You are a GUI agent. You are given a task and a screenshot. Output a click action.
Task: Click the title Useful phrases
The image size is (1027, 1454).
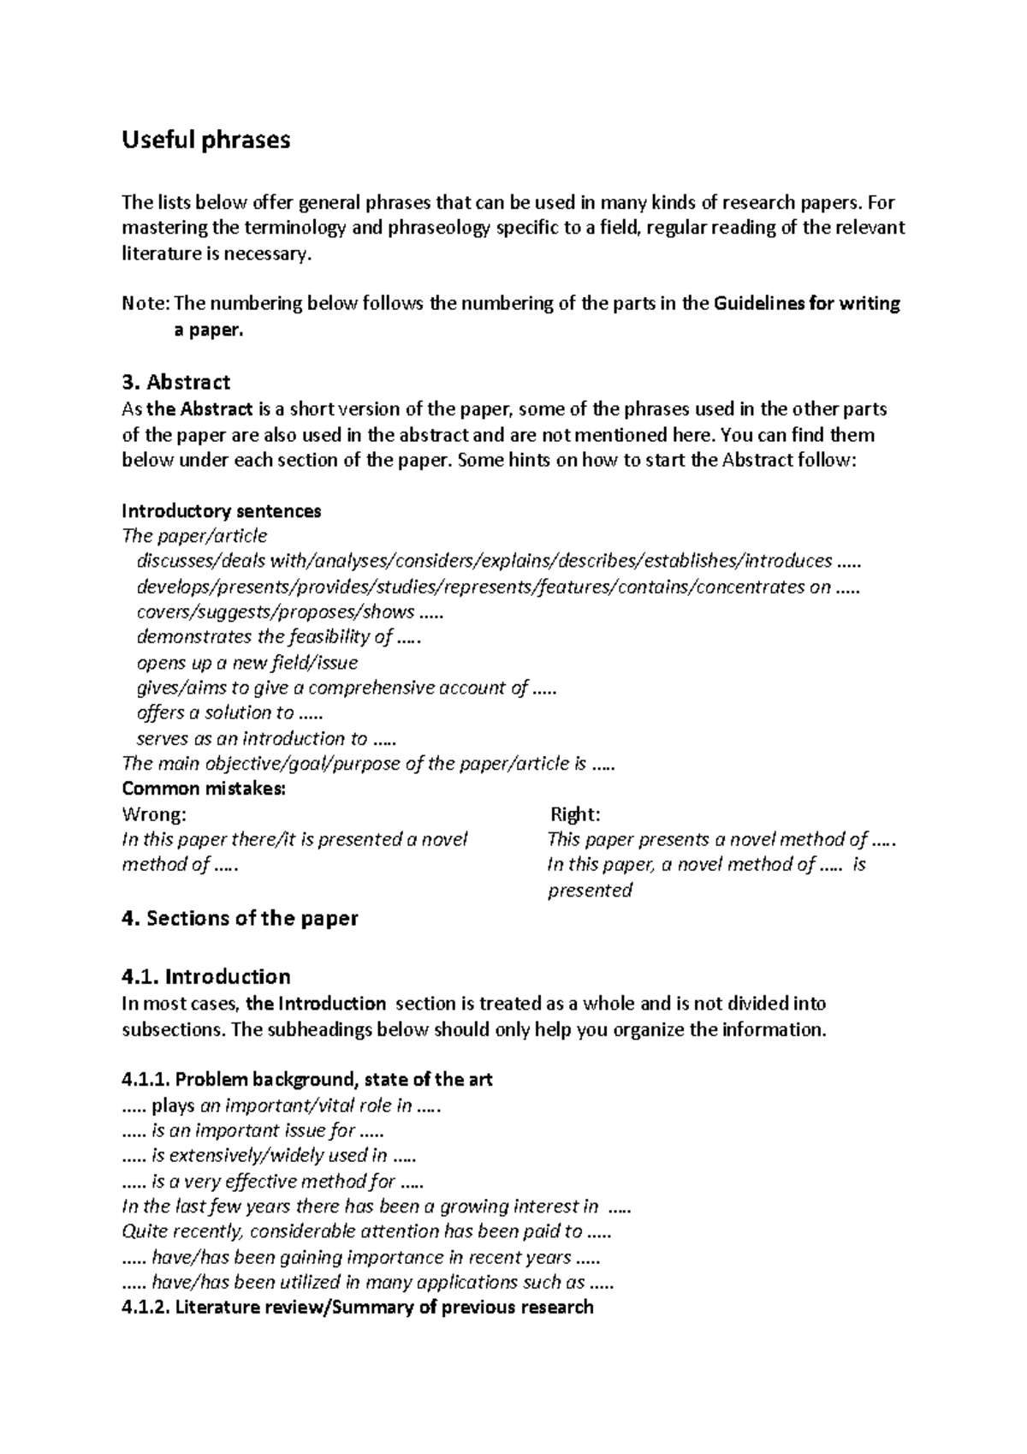205,140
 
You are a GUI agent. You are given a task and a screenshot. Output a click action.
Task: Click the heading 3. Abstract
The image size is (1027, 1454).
175,381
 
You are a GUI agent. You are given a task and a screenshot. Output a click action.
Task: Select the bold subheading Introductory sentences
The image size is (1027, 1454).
222,511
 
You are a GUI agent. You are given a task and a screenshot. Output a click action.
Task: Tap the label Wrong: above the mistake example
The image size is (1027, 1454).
154,813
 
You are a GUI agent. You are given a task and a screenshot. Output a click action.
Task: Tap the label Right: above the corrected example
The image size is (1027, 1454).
574,813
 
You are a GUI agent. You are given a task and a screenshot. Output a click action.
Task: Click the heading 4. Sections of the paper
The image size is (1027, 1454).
240,918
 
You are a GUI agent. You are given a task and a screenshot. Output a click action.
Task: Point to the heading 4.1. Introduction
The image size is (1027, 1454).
205,976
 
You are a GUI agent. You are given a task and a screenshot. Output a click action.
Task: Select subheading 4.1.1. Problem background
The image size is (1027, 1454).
307,1080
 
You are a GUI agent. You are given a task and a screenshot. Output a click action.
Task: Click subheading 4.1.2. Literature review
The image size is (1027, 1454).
358,1307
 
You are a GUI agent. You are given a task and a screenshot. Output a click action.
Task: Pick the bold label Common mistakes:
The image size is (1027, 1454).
204,789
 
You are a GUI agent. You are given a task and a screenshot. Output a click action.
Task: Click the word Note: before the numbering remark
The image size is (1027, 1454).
146,304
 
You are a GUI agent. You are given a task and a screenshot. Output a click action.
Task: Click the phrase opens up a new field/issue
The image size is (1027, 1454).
247,663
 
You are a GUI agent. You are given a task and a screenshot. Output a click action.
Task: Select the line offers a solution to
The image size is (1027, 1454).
229,713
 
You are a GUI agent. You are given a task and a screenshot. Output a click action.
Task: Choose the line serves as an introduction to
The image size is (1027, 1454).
265,738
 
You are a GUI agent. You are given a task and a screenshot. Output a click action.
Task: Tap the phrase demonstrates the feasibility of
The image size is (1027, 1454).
279,637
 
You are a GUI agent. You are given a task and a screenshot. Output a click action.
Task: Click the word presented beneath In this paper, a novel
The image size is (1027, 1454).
590,891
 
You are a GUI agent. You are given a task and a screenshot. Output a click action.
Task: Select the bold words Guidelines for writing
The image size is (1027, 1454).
806,304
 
